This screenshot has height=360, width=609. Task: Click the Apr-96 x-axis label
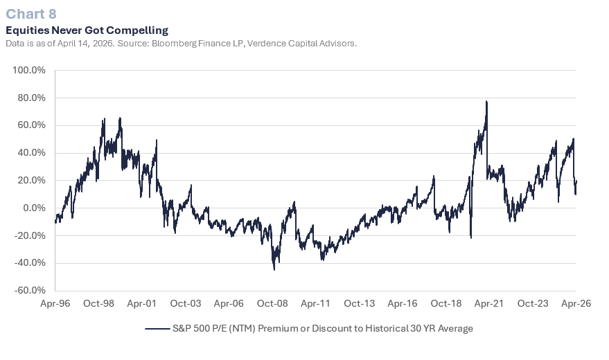pos(55,303)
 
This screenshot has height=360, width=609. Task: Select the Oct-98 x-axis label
pos(98,303)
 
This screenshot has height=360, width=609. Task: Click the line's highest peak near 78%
pos(486,102)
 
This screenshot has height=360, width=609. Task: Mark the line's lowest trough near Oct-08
pos(274,269)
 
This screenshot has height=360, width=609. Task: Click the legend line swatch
pos(157,328)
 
